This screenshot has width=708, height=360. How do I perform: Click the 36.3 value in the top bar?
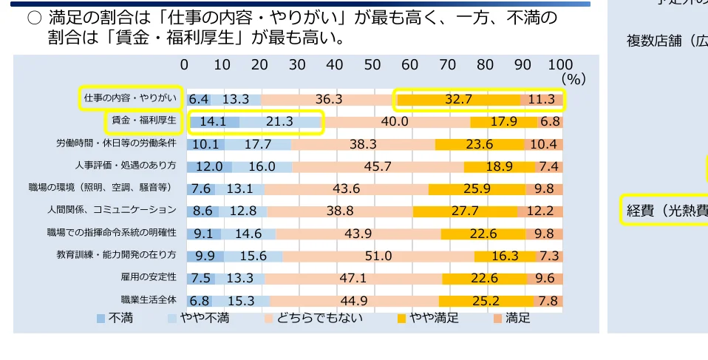click(x=328, y=99)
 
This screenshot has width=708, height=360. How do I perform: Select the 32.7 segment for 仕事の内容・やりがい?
click(x=458, y=99)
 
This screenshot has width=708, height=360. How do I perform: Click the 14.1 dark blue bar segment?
click(x=212, y=121)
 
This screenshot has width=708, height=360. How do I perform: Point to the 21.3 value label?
click(x=280, y=121)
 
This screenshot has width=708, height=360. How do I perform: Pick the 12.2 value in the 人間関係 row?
click(x=539, y=211)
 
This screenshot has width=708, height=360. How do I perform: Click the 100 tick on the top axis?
click(x=561, y=64)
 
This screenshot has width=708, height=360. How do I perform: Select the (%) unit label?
click(x=573, y=78)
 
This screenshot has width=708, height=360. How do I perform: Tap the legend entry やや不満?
click(x=199, y=319)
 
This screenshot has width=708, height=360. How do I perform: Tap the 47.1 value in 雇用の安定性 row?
click(x=353, y=278)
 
